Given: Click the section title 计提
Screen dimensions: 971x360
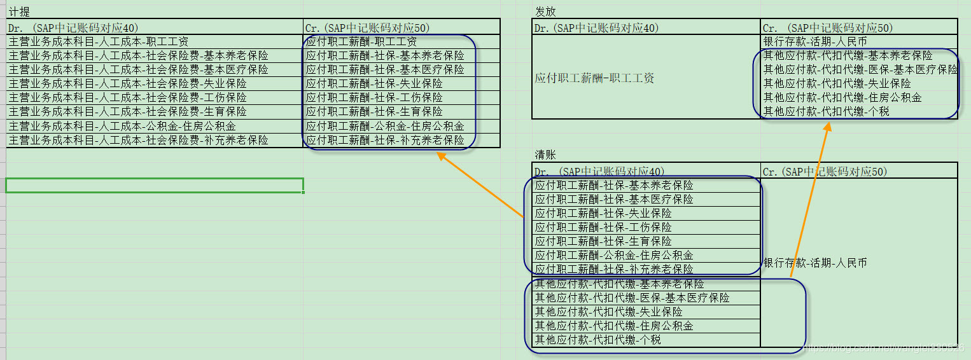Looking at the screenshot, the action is click(x=19, y=12).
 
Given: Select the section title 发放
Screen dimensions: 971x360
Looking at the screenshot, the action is click(x=545, y=12).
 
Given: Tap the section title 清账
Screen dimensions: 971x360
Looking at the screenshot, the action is click(x=545, y=155).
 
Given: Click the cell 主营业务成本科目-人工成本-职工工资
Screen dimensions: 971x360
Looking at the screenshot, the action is click(x=99, y=41).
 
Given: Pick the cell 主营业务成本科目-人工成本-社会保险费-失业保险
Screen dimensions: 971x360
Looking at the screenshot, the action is click(x=127, y=83).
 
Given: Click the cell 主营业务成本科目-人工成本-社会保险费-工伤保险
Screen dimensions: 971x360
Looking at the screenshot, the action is click(x=127, y=97).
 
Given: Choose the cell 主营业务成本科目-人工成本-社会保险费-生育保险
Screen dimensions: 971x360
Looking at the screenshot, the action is click(x=127, y=111).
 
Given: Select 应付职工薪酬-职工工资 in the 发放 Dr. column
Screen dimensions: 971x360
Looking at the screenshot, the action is click(x=594, y=78).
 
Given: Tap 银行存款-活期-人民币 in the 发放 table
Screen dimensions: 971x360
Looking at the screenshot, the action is click(x=814, y=41).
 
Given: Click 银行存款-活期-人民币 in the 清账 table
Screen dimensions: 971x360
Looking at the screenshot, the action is click(x=814, y=263).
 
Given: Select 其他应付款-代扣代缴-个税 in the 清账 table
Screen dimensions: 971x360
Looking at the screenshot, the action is click(x=597, y=340).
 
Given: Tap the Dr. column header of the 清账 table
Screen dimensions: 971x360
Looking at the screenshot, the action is click(x=599, y=171).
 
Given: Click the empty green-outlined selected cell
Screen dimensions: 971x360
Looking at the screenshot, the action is click(x=154, y=185).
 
